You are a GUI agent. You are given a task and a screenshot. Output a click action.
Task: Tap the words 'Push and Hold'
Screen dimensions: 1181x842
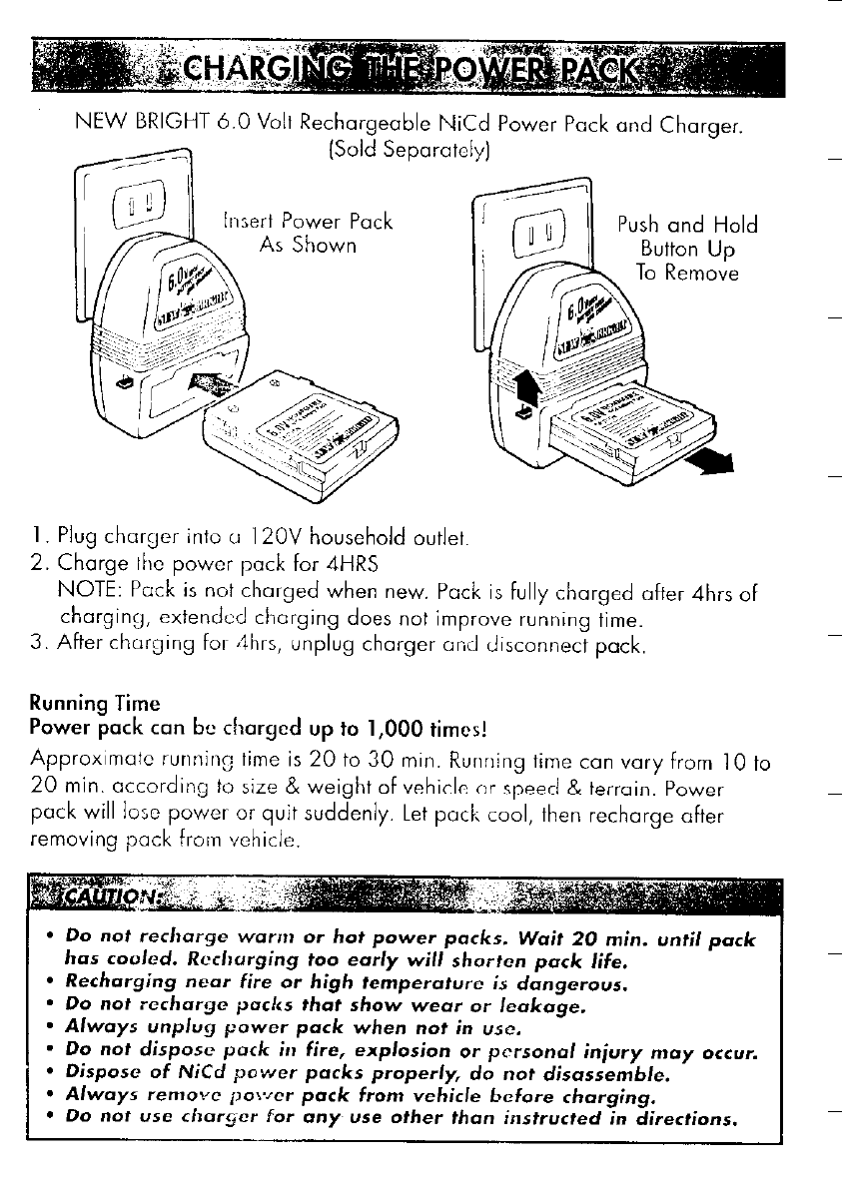tap(687, 224)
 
